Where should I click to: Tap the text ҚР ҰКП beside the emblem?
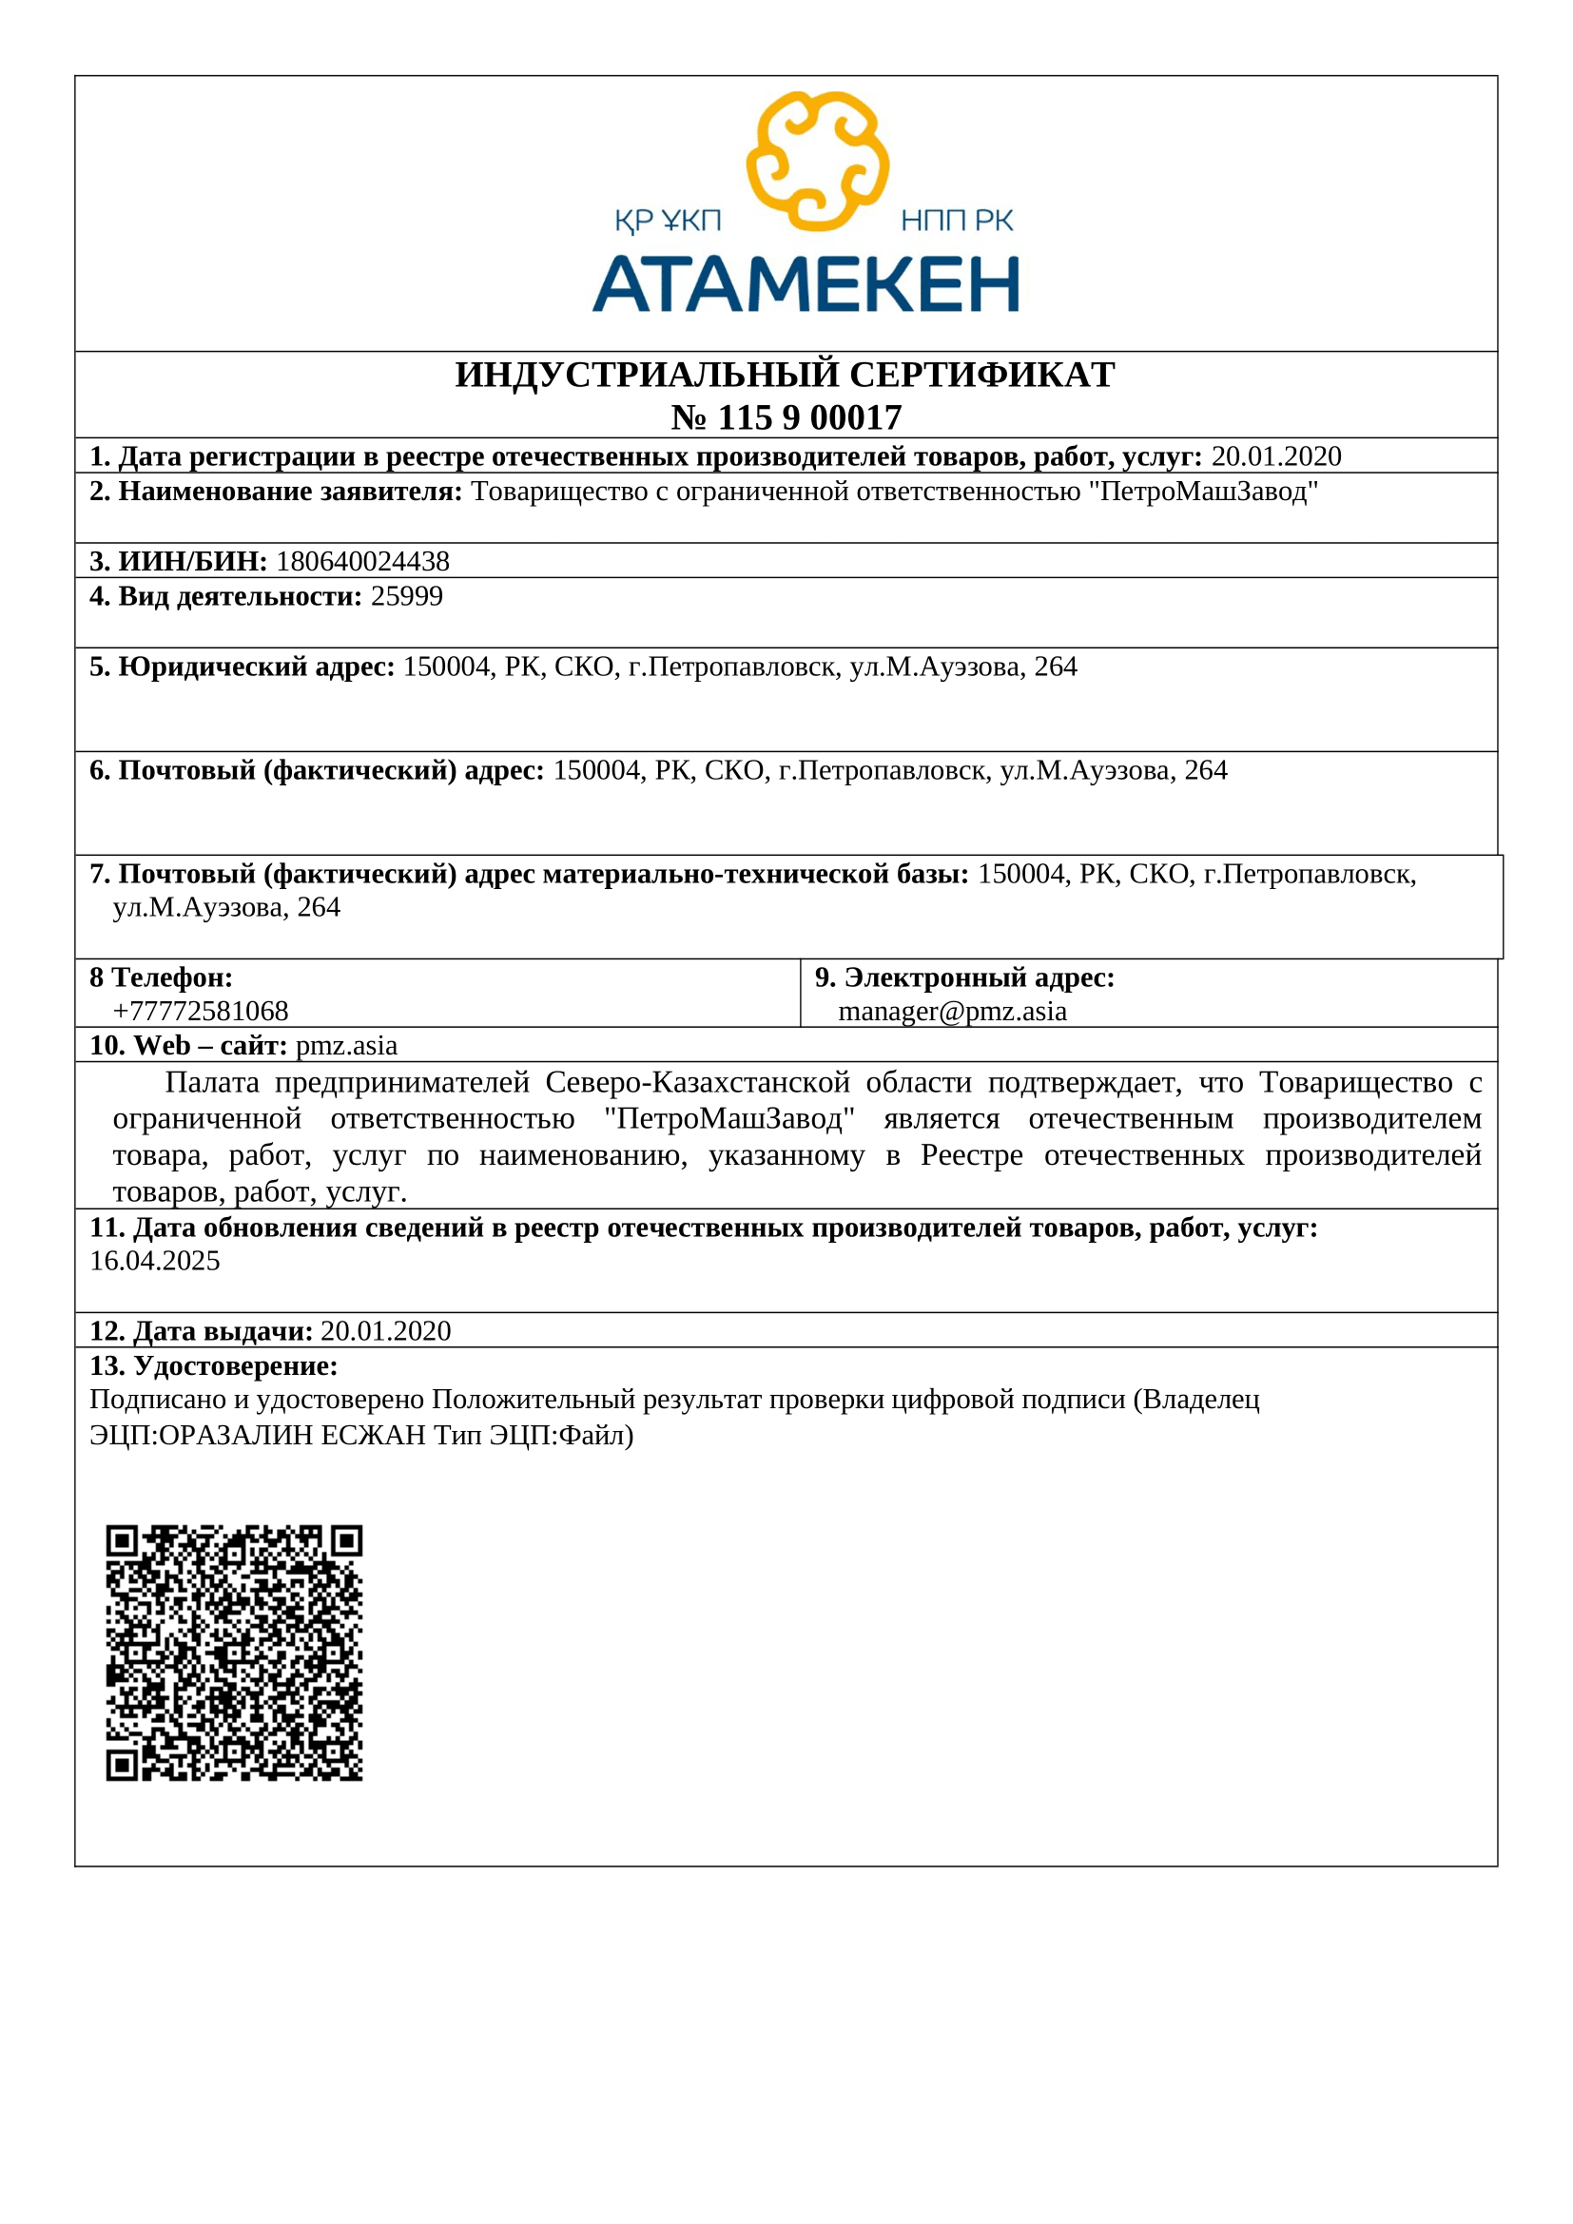click(x=668, y=222)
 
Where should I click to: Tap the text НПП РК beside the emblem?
click(x=956, y=222)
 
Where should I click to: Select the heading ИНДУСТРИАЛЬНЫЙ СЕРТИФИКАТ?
click(x=785, y=375)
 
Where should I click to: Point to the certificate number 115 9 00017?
click(x=808, y=417)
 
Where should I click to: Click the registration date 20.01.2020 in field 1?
click(x=1275, y=456)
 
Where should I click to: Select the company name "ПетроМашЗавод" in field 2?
click(x=1203, y=493)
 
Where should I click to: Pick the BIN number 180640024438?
click(x=362, y=562)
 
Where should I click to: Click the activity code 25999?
click(x=407, y=597)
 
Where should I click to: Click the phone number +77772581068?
click(x=201, y=1012)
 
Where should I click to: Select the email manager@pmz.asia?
click(x=952, y=1012)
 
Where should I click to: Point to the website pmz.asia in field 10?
click(x=346, y=1046)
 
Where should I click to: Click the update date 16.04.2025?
click(x=155, y=1261)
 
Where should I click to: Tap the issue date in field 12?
click(x=385, y=1331)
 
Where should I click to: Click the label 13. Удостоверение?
click(x=213, y=1365)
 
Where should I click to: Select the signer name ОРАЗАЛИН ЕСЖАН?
click(x=292, y=1435)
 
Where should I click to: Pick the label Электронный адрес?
click(x=979, y=977)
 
